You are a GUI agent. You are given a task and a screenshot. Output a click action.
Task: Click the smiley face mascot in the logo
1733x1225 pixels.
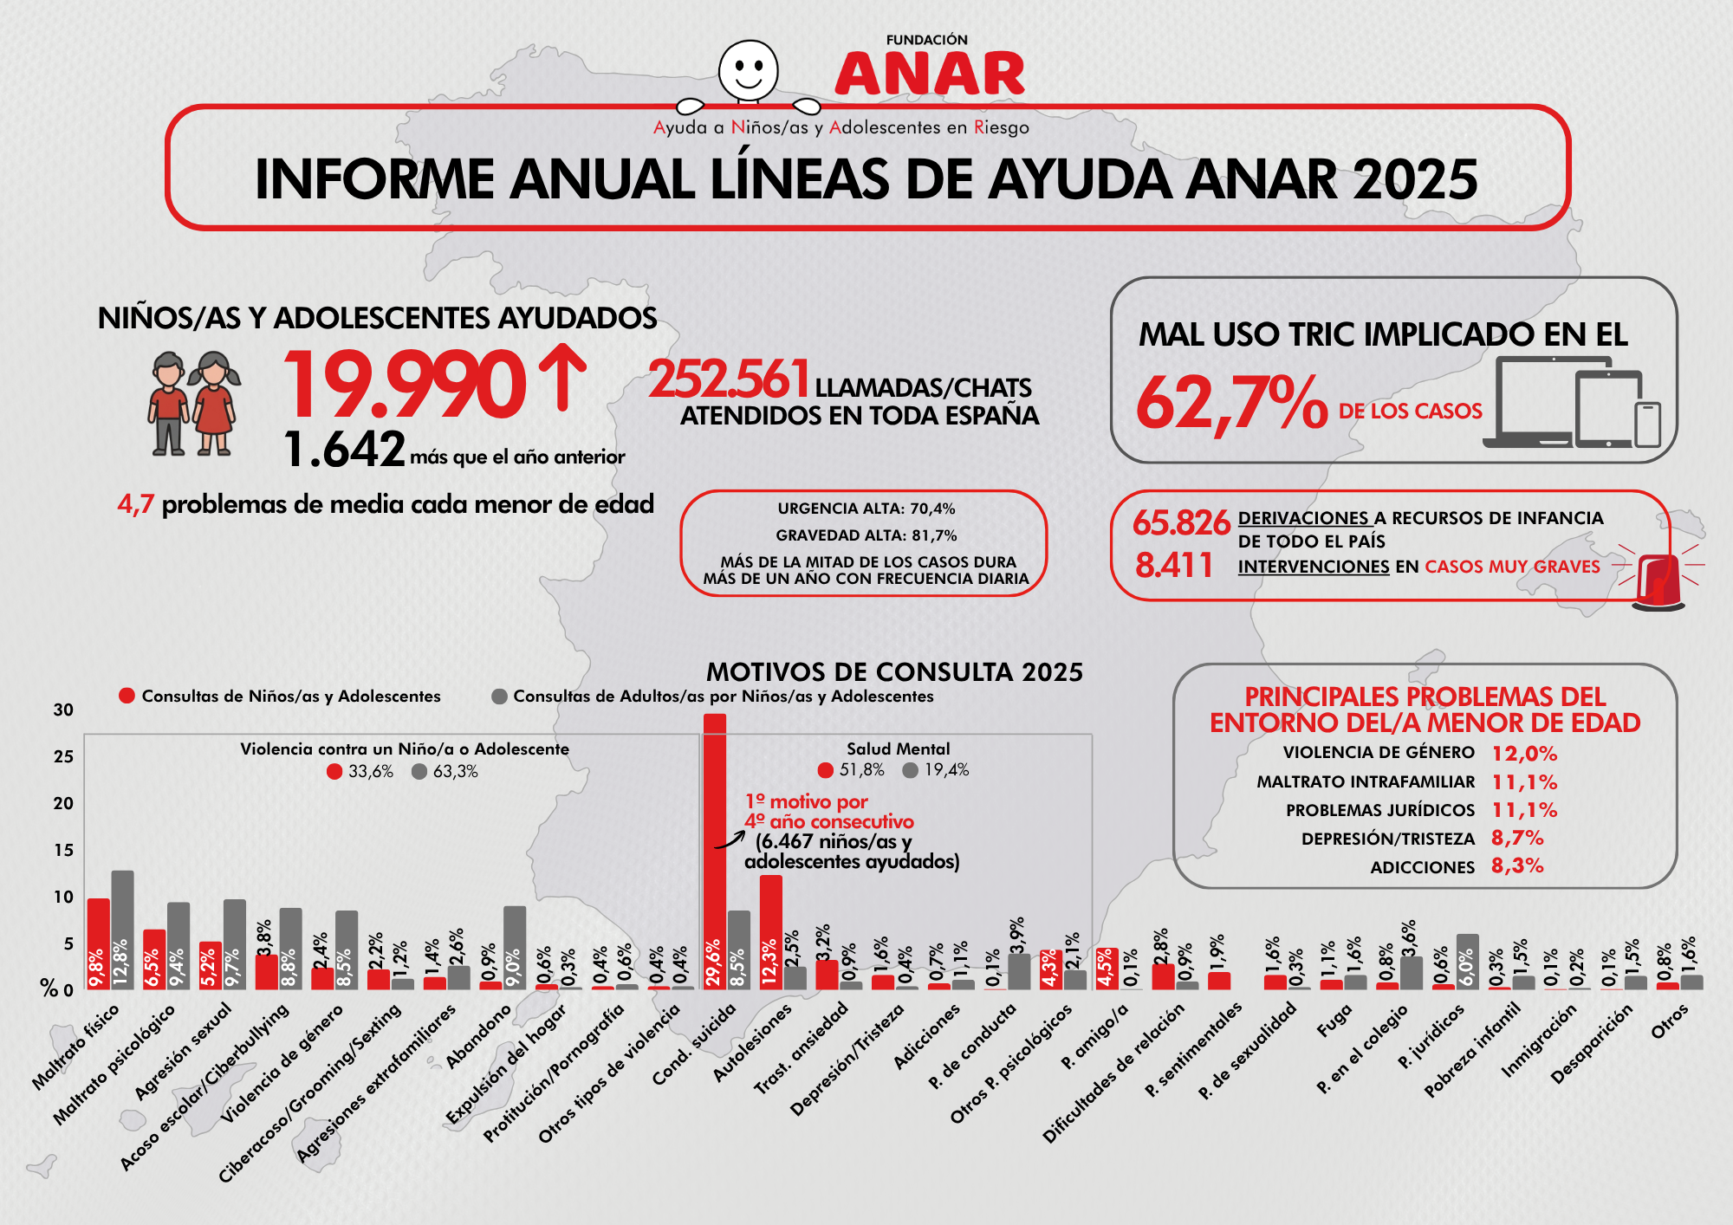point(748,69)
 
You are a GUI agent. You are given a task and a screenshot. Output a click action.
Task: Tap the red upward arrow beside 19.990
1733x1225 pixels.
point(562,377)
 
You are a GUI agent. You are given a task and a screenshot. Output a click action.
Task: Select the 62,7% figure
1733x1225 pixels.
point(1230,403)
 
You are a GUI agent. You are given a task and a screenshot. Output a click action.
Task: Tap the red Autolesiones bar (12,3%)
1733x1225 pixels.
point(770,932)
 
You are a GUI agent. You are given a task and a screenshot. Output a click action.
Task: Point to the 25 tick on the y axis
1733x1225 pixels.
point(63,756)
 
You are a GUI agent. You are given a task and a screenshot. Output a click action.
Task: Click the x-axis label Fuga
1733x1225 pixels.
point(1334,1022)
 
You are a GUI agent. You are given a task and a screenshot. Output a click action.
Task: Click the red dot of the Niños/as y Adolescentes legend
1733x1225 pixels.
point(127,696)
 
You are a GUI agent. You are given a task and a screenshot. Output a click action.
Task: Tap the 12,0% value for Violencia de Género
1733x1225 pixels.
point(1524,754)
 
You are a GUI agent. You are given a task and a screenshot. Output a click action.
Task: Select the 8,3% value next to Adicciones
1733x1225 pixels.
point(1517,866)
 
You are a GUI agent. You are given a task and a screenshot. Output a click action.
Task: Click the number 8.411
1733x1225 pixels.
point(1174,565)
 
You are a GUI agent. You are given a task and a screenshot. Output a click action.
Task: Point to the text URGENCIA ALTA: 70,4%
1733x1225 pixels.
point(866,509)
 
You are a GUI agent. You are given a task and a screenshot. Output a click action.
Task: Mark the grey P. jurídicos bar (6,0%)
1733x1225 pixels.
point(1467,962)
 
